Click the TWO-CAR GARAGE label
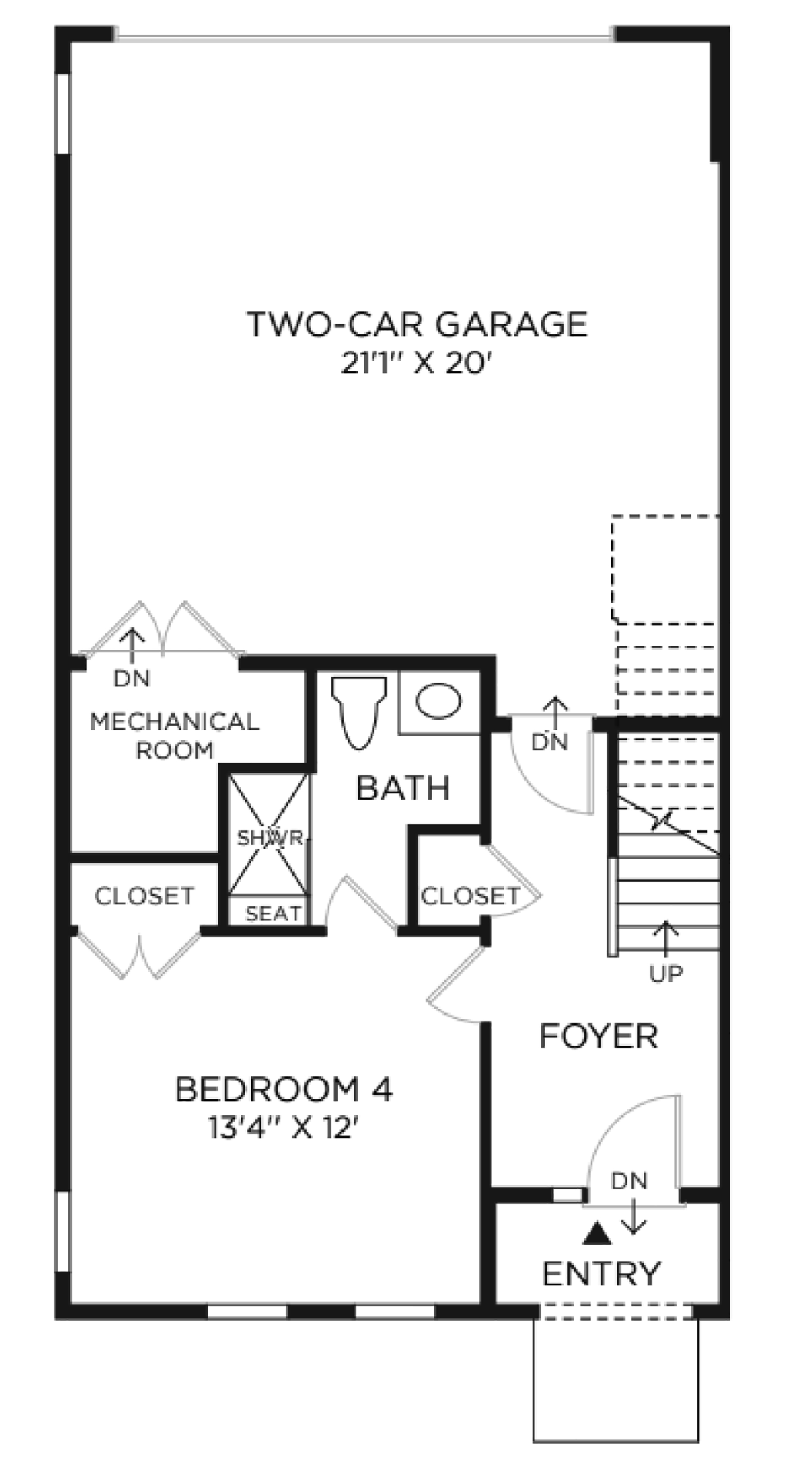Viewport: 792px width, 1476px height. coord(417,324)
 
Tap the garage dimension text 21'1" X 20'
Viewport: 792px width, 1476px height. coord(416,363)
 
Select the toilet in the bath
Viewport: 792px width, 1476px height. coord(358,712)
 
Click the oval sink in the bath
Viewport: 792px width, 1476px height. coord(438,700)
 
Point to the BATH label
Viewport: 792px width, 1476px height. coord(403,788)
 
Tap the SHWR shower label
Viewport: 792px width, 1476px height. coord(270,837)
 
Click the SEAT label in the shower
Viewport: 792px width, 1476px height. coord(273,913)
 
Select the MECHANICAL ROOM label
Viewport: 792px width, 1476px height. coord(175,736)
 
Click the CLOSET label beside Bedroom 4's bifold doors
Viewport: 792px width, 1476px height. coord(144,896)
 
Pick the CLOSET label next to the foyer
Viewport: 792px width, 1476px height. coord(470,896)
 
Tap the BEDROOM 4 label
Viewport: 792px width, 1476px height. coord(285,1089)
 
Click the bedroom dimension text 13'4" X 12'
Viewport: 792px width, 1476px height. coord(284,1128)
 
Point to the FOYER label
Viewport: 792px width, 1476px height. coord(598,1036)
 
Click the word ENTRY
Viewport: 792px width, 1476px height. coord(601,1274)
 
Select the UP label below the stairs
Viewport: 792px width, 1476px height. coord(666,974)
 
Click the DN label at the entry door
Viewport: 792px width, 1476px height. coord(630,1180)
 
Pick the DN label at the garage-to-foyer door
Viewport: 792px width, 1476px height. coord(551,742)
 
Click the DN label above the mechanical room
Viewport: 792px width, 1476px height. coord(132,679)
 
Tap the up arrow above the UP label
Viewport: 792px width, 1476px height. coord(666,939)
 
